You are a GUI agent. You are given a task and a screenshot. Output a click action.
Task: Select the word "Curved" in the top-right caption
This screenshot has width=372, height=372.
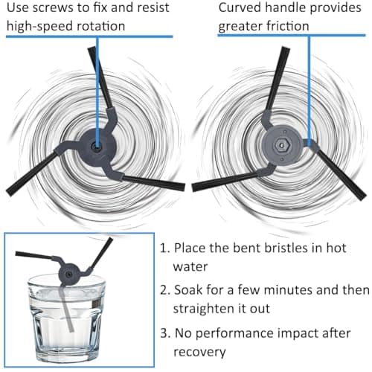239,7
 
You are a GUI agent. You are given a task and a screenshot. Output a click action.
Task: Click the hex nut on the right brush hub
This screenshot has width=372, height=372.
281,145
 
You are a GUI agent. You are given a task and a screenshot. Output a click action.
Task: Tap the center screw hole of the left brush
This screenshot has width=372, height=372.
95,147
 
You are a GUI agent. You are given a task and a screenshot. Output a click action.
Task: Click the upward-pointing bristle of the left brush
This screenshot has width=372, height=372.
100,77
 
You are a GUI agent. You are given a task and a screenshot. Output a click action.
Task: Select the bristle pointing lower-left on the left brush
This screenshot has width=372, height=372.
31,173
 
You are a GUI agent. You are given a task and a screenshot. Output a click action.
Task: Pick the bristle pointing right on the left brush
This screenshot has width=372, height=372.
154,182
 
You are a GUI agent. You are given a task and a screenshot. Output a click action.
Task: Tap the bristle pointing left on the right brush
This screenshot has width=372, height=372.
225,182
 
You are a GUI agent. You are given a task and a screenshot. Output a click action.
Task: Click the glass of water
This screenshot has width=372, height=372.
66,318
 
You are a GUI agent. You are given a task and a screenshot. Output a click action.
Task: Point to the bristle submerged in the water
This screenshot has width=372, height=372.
66,310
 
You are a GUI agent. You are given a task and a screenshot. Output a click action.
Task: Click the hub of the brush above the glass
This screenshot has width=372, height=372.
69,274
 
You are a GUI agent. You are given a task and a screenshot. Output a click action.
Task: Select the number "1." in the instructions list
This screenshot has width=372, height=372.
164,248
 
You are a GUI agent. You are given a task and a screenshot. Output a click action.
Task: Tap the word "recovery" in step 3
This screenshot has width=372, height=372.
199,352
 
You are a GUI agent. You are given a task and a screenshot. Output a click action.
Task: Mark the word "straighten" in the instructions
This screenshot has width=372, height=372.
204,309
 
